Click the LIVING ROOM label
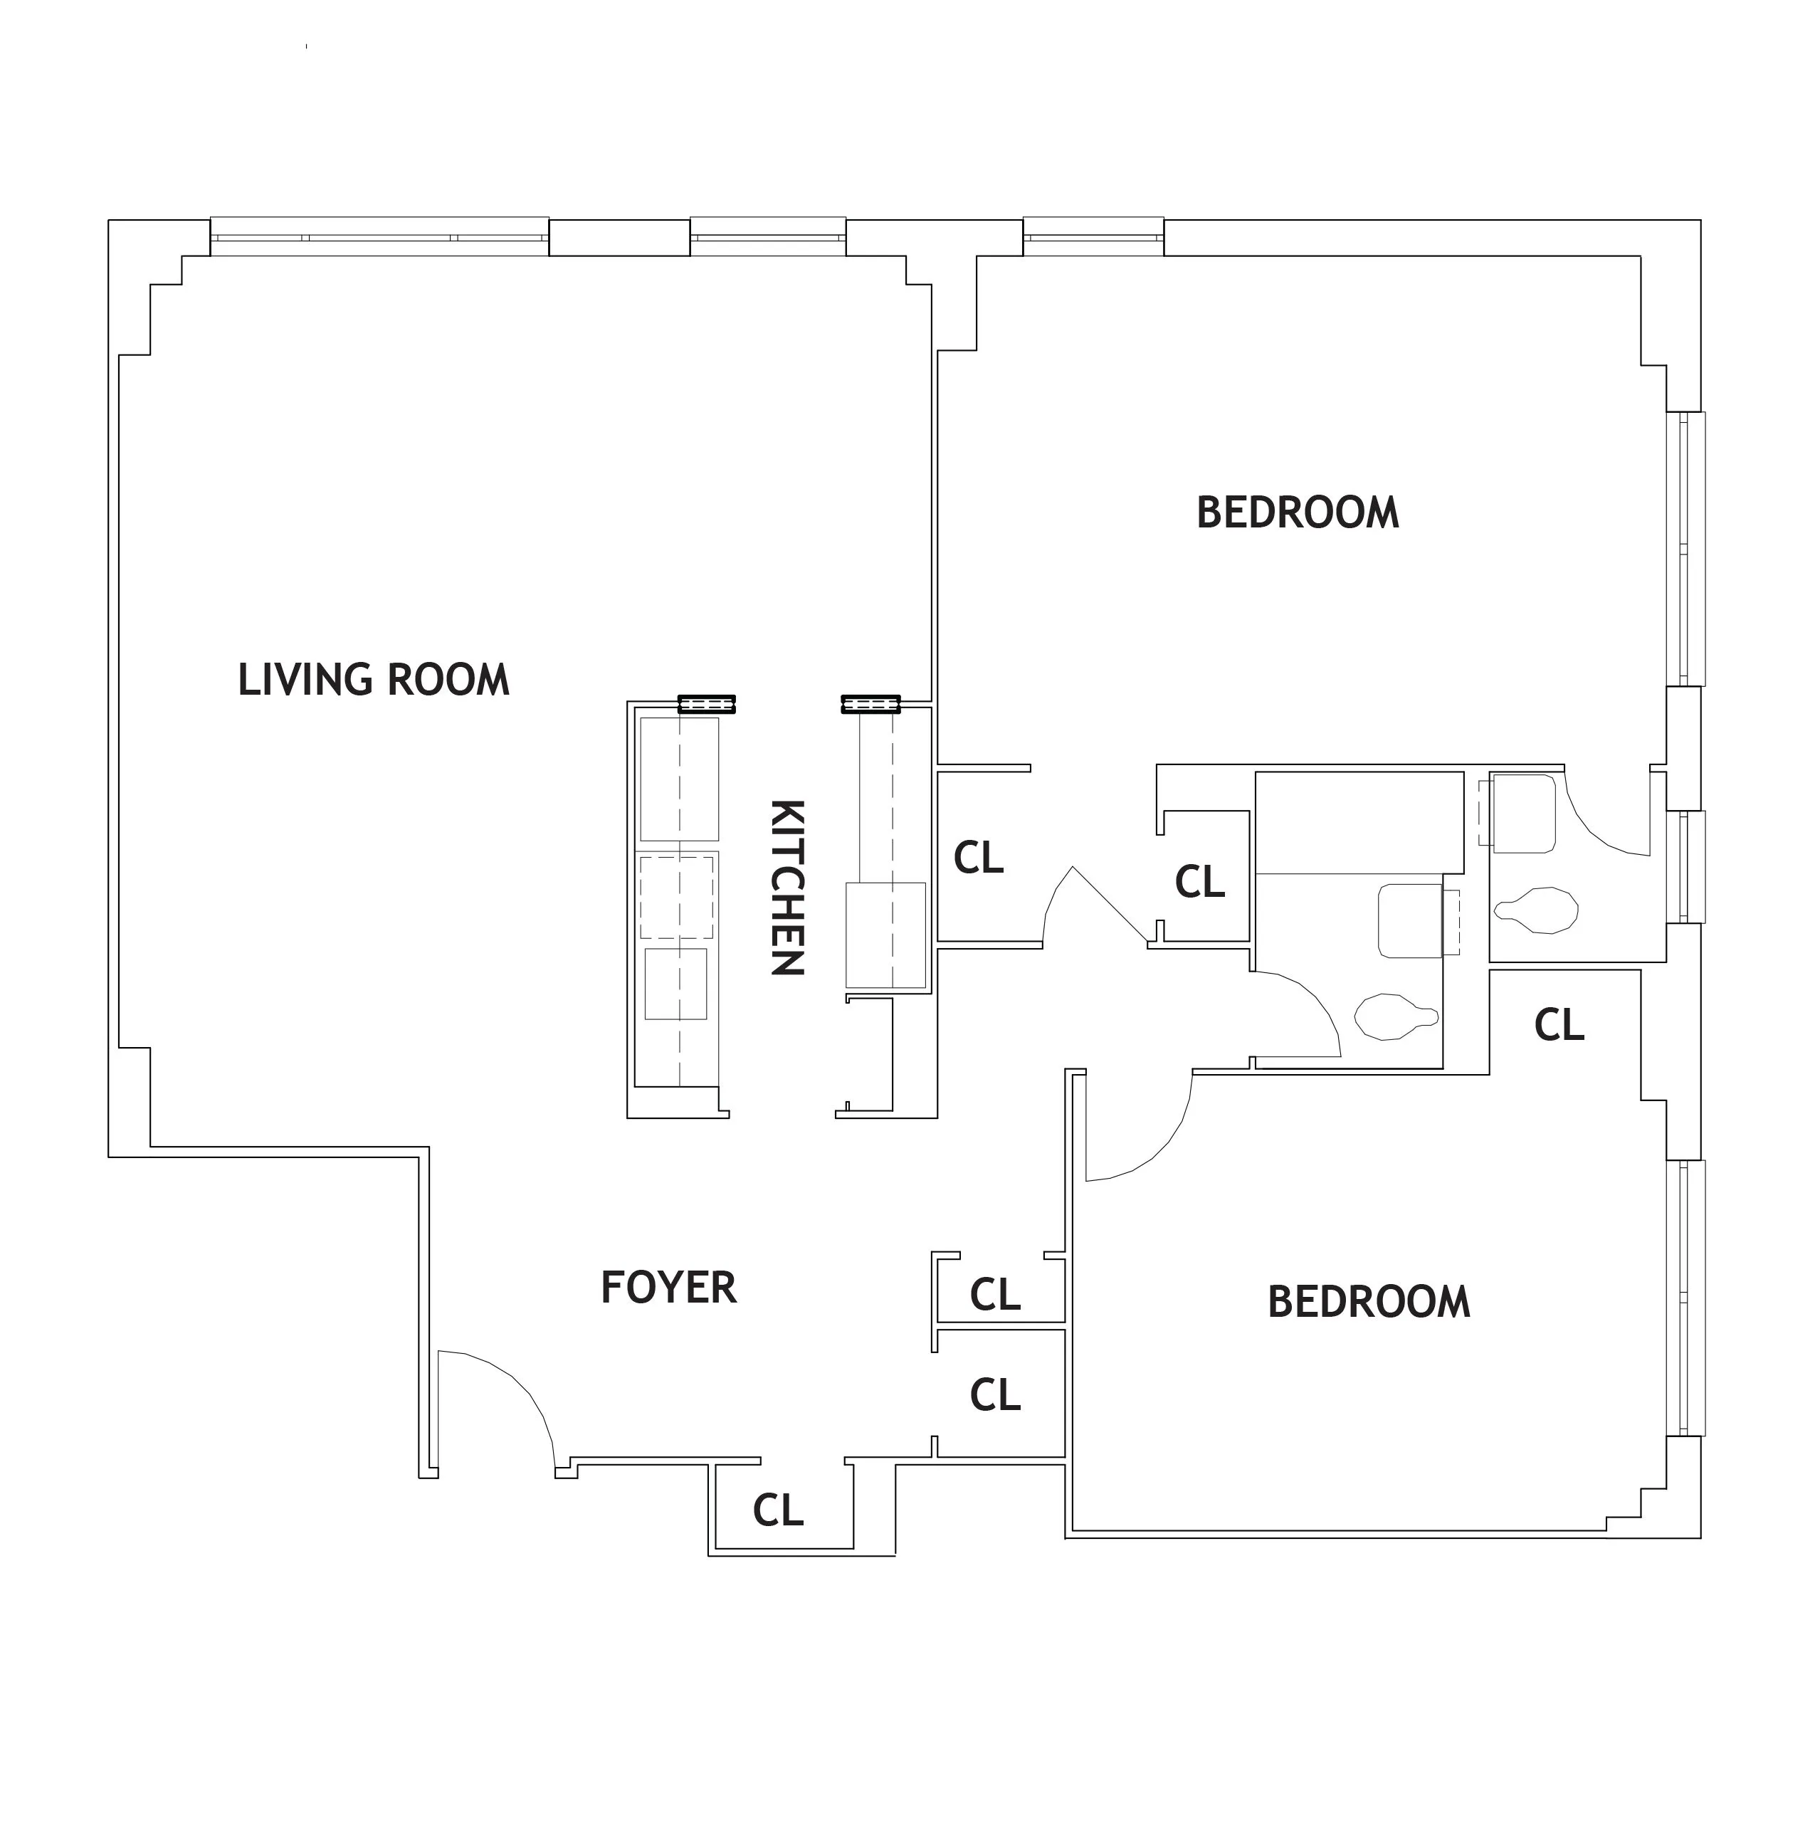373,680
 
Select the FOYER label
668,1287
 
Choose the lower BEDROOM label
1369,1301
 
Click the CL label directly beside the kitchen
978,858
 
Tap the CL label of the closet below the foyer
778,1509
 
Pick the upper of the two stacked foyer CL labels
994,1293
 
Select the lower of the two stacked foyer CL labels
994,1394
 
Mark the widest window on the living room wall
379,236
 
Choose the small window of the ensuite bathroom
1687,866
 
